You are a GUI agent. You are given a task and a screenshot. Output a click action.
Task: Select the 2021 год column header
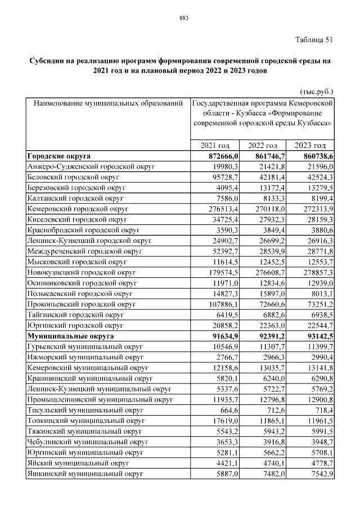[x=216, y=145]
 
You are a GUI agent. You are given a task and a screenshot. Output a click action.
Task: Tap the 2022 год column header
[x=263, y=145]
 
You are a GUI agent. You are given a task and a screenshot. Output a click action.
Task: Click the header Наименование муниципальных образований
[x=108, y=103]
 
